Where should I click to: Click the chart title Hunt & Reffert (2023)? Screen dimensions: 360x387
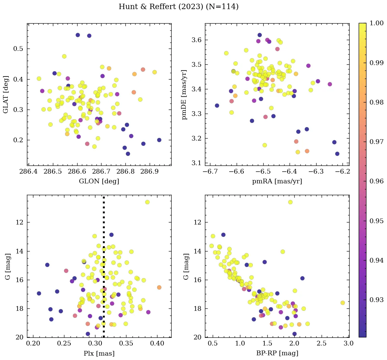178,7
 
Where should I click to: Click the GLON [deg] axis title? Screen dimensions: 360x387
99,181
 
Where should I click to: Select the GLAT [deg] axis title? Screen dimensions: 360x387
6,94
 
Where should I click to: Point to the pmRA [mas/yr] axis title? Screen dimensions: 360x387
277,181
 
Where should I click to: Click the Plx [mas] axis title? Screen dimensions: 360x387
99,353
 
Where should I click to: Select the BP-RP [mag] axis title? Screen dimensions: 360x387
277,353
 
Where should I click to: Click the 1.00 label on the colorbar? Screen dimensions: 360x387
376,23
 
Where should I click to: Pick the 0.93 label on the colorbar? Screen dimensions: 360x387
376,300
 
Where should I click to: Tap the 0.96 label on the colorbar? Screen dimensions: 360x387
376,181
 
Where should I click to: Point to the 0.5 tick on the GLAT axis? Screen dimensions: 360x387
18,49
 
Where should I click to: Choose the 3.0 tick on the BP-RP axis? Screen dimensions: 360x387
349,344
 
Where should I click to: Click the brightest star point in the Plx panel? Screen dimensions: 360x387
147,202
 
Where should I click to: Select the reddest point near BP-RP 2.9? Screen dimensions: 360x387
343,303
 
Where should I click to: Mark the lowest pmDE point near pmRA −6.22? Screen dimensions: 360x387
337,154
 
